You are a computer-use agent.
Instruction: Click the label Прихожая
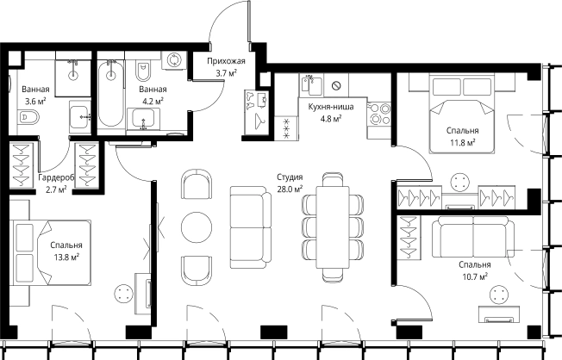(226, 61)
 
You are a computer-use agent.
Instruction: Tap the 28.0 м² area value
(290, 189)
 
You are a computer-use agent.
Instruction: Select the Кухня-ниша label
(331, 107)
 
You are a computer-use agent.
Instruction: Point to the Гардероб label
(56, 177)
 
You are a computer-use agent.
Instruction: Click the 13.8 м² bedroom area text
(66, 258)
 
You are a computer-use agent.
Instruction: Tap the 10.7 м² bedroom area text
(475, 277)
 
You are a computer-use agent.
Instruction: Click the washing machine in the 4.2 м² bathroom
(174, 59)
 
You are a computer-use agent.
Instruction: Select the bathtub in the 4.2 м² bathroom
(111, 94)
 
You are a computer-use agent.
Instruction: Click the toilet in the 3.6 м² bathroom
(28, 117)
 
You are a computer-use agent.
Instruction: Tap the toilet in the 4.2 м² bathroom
(143, 71)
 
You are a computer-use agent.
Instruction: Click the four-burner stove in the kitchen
(380, 113)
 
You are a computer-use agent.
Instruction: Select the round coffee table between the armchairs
(197, 227)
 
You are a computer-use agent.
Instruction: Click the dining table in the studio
(333, 227)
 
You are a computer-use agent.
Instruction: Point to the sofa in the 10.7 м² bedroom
(473, 237)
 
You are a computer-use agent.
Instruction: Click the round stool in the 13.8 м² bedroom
(124, 293)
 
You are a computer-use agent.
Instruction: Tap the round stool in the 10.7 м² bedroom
(499, 295)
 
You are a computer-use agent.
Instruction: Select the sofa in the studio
(251, 227)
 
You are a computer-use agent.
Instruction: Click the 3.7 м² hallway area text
(226, 73)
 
